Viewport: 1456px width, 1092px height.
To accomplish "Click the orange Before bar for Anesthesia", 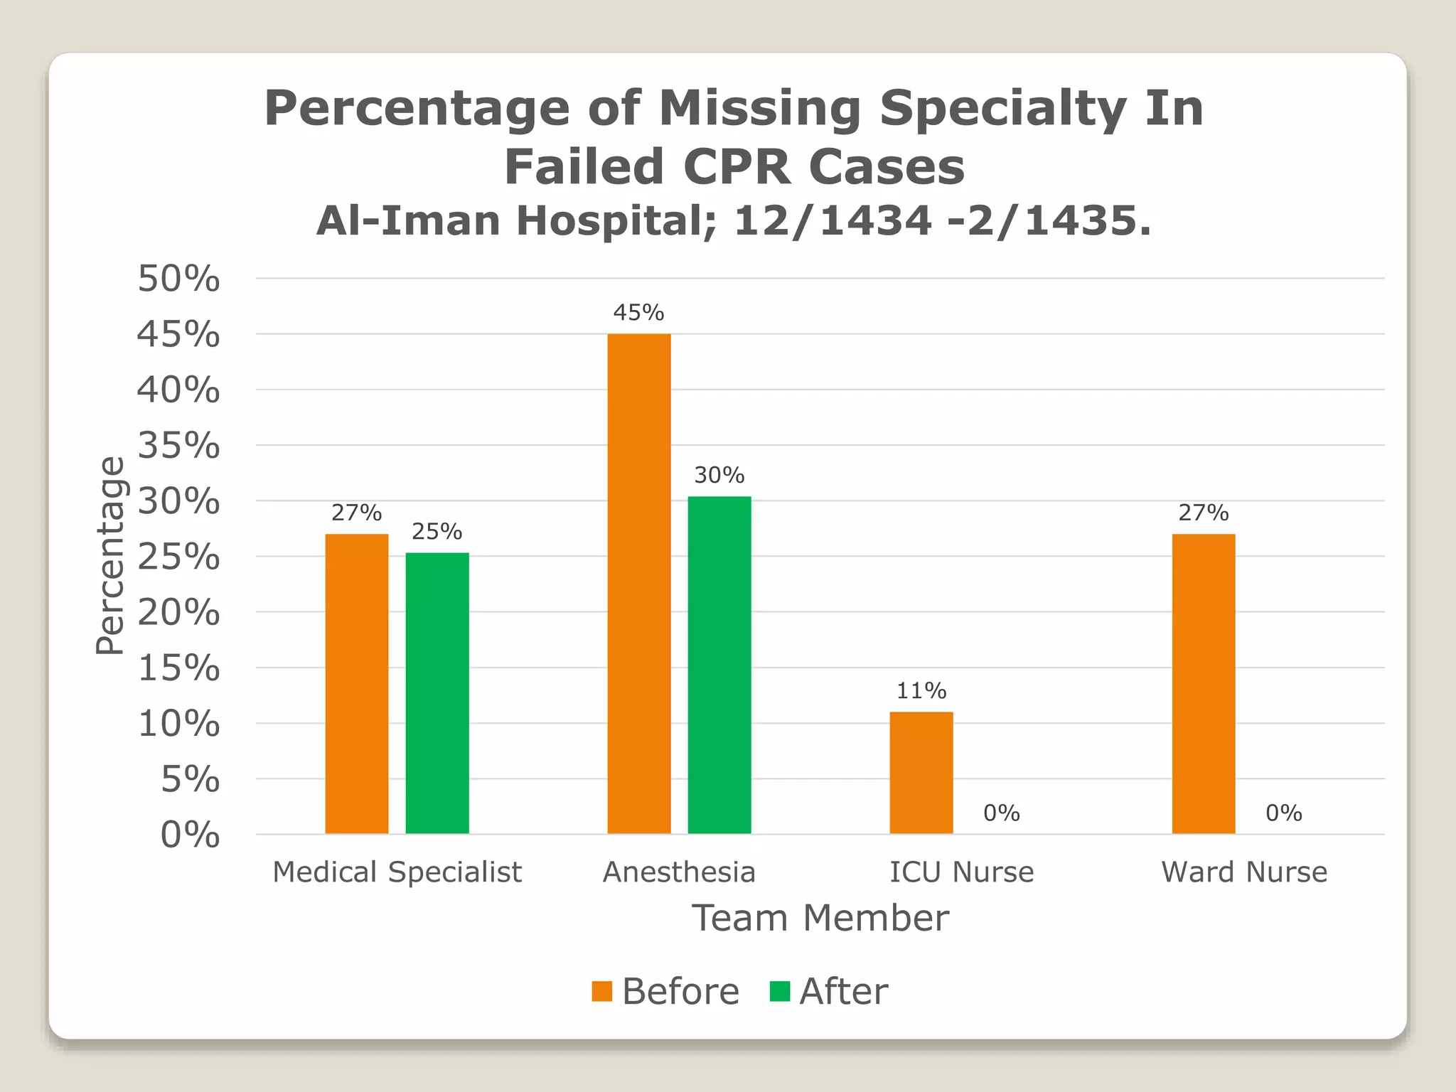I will click(638, 583).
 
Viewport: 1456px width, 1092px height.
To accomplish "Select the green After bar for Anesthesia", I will click(719, 665).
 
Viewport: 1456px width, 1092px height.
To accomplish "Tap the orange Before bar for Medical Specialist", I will click(357, 683).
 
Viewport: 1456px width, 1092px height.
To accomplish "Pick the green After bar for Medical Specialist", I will click(437, 692).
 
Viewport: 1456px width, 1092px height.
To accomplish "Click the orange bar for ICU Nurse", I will click(921, 772).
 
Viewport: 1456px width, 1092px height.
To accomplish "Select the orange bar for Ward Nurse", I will click(1203, 683).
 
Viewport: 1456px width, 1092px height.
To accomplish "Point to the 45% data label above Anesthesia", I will click(638, 313).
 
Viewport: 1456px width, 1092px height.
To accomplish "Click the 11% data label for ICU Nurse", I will click(921, 690).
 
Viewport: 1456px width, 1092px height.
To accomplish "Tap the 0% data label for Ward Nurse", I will click(1283, 813).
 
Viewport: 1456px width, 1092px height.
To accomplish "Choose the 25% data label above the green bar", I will click(437, 532).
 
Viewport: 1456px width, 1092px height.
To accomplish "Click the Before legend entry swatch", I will click(601, 991).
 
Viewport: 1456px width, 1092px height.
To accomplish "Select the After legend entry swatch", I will click(779, 991).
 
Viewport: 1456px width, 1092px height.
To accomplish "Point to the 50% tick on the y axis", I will click(178, 279).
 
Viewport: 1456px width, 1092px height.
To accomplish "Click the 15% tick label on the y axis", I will click(178, 668).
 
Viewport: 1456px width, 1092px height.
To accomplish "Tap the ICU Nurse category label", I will click(961, 872).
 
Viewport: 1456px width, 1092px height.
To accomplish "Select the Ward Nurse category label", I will click(1244, 872).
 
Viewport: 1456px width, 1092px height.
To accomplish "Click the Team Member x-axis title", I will click(820, 918).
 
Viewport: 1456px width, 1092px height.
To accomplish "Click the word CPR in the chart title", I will click(737, 167).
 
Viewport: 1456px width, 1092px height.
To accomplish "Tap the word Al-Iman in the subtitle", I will click(409, 220).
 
